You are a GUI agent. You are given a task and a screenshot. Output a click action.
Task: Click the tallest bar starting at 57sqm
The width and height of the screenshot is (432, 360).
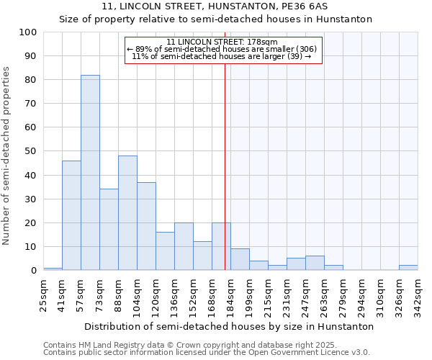pos(90,173)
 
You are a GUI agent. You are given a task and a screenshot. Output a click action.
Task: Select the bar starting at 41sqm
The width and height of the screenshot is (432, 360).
pos(71,215)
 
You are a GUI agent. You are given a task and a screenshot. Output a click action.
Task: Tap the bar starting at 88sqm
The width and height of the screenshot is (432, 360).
pos(127,213)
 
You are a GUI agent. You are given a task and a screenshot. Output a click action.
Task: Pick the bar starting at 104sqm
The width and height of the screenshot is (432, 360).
pos(146,226)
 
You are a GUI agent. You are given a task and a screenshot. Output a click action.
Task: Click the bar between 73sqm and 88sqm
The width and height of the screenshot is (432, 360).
pos(109,230)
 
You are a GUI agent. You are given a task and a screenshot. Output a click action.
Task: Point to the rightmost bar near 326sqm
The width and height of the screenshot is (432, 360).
pos(408,268)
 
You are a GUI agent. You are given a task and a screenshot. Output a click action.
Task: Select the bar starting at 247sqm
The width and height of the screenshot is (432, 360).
pos(315,264)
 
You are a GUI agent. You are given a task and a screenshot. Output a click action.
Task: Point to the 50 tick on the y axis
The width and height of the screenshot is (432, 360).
pos(30,151)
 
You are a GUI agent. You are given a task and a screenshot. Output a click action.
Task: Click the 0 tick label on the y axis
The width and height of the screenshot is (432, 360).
pos(33,270)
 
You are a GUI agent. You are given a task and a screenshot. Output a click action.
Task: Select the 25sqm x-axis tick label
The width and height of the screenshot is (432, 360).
pos(44,292)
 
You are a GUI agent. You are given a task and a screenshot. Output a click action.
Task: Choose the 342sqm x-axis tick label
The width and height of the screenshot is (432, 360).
pos(418,292)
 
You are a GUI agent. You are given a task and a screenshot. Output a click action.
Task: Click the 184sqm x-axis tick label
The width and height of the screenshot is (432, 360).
pos(231,292)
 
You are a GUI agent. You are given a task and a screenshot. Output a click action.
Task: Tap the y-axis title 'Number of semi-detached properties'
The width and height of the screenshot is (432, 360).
pos(7,155)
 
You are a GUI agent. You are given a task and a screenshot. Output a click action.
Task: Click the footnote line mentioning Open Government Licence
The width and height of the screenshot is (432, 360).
pos(207,352)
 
